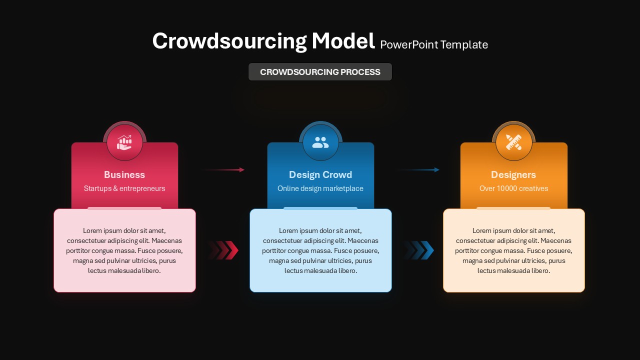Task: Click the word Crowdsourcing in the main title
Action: point(229,41)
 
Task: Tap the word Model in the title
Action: point(343,41)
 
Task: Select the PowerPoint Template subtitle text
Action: point(434,45)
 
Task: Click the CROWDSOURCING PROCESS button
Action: point(320,72)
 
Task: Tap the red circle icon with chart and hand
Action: point(124,142)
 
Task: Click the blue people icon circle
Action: point(320,142)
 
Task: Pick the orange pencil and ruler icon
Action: point(513,142)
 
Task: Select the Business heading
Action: point(124,174)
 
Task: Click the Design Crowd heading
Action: point(320,174)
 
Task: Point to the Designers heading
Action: point(513,174)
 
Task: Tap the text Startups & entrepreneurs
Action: point(124,188)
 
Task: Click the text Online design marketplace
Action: point(320,188)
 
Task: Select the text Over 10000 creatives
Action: point(513,188)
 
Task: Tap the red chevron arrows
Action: point(224,250)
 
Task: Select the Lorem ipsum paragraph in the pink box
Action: point(124,250)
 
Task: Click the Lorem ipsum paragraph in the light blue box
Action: point(320,250)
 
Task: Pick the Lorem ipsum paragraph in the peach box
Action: point(513,250)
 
